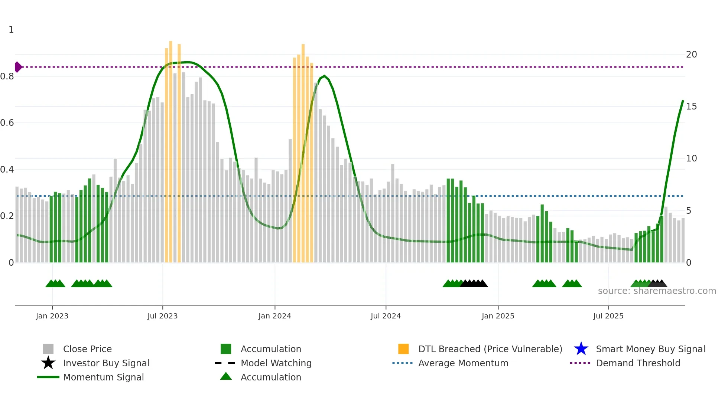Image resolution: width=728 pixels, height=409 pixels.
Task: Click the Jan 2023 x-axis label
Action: click(52, 316)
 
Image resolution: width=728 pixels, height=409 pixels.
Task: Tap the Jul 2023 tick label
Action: click(162, 316)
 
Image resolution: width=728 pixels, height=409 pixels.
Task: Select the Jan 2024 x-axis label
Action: click(274, 316)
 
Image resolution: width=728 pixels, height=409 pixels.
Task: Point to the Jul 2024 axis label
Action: click(386, 316)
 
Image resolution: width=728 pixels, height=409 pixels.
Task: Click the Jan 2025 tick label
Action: click(498, 316)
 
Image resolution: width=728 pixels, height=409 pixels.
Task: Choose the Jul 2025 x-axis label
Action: click(608, 316)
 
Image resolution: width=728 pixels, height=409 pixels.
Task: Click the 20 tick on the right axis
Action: click(691, 55)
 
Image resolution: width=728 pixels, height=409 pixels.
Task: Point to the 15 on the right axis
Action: click(691, 107)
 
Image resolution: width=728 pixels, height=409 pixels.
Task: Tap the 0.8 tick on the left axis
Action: click(7, 76)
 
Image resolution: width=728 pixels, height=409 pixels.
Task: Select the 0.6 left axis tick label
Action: click(7, 123)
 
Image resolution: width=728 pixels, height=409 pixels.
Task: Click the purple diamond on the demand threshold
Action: click(18, 67)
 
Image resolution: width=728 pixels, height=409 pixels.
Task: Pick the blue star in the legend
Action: click(581, 349)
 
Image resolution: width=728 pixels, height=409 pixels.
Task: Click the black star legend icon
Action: click(48, 363)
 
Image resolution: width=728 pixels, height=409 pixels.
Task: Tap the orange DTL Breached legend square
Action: click(403, 349)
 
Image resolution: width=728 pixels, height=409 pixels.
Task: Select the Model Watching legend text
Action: click(276, 363)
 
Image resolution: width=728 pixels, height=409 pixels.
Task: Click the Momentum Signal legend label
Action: click(103, 377)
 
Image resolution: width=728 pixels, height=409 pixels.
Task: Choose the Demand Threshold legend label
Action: click(638, 363)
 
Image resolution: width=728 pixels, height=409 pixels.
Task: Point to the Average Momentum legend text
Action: click(463, 363)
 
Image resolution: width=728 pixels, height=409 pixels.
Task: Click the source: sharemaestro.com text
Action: click(657, 291)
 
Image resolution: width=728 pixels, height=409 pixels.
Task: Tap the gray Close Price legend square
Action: click(48, 349)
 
